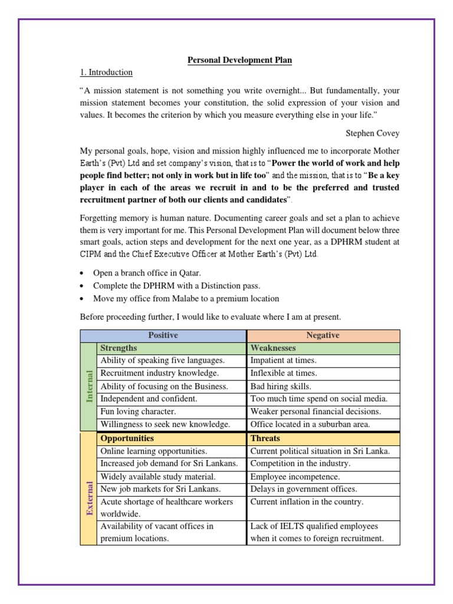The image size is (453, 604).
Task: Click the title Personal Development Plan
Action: tap(239, 60)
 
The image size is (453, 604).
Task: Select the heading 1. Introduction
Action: tap(106, 73)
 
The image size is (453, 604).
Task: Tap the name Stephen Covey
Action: tap(372, 133)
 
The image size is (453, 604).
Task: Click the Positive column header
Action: tap(163, 335)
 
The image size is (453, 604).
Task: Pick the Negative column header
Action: tap(323, 335)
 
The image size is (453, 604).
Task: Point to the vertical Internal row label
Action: tap(90, 386)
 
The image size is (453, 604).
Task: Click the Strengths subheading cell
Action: tap(119, 348)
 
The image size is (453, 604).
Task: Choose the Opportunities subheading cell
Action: tap(127, 438)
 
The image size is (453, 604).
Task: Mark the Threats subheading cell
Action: tap(265, 438)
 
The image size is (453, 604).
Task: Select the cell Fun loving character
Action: tap(139, 411)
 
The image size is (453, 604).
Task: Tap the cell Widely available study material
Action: tap(158, 476)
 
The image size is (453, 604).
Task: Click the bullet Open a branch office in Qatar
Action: tap(147, 273)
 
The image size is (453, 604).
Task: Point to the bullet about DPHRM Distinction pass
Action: tap(176, 285)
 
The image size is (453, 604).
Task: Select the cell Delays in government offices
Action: tap(304, 489)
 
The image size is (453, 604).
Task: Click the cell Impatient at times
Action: tap(283, 360)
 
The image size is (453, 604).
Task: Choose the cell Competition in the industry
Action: tap(300, 464)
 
